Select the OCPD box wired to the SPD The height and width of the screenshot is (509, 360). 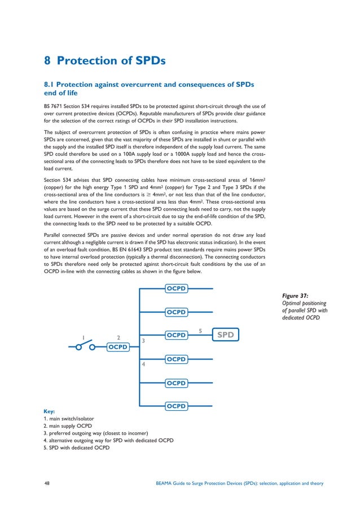176,335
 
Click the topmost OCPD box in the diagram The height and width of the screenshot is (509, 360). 176,288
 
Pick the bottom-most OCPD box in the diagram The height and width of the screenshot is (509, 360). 176,405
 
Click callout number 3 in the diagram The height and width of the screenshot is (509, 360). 143,341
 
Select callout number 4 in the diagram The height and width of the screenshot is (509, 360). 143,365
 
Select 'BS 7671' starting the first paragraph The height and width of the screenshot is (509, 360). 54,106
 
